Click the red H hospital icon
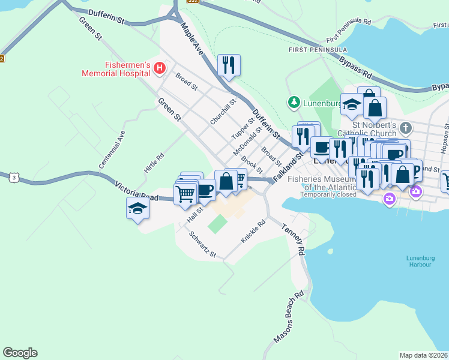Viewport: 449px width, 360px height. click(x=159, y=68)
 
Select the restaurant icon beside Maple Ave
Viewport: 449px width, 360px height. click(x=228, y=65)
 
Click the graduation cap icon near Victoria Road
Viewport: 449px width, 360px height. click(x=137, y=209)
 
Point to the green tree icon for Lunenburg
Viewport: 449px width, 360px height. click(x=294, y=103)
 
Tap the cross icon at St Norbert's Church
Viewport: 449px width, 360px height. click(x=406, y=128)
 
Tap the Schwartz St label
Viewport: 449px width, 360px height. click(x=202, y=244)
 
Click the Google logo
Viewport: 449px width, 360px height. click(x=20, y=353)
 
